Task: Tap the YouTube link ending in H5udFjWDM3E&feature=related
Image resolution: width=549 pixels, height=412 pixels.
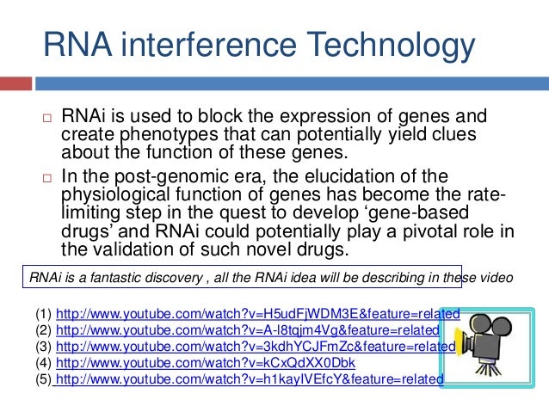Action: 257,313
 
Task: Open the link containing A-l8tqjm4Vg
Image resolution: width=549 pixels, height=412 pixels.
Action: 247,329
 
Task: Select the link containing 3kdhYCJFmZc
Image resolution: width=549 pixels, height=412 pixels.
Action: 255,346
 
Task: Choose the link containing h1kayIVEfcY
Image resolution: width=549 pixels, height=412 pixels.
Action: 250,378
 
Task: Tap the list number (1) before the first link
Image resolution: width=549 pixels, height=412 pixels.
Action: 42,313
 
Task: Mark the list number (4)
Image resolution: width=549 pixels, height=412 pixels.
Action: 42,362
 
